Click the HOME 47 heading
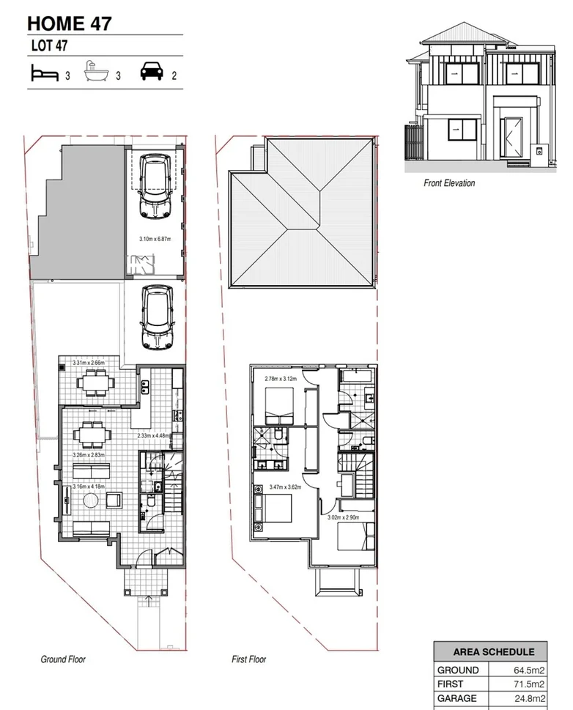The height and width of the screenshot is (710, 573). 70,23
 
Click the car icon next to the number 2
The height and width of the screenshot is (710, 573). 150,73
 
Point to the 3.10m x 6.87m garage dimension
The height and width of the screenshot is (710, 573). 159,239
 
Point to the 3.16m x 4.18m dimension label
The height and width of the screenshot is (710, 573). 88,487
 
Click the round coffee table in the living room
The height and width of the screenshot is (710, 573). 89,501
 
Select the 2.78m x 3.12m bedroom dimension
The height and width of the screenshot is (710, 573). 278,378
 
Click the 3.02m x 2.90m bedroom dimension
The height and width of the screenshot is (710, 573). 343,517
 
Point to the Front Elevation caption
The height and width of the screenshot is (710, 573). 448,183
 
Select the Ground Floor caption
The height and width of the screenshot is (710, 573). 63,659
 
